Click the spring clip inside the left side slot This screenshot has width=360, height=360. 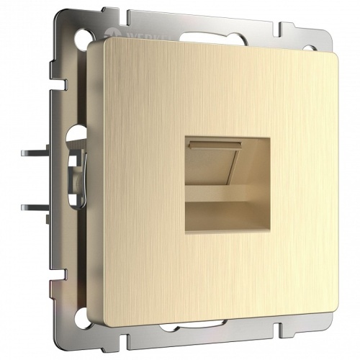click(74, 170)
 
